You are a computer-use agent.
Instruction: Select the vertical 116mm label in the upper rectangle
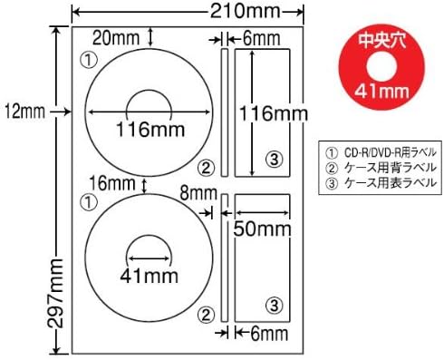click(263, 114)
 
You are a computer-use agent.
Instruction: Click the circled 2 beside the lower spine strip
click(207, 314)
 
